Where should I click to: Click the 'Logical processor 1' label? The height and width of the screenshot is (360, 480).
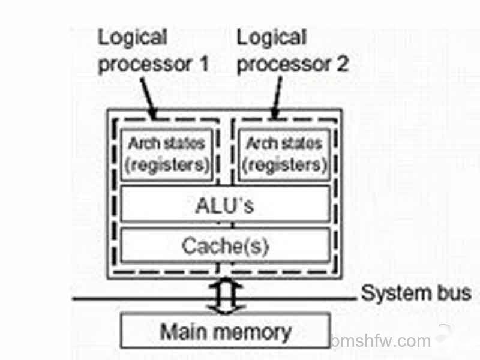(153, 51)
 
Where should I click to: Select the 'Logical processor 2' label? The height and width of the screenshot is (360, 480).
(293, 51)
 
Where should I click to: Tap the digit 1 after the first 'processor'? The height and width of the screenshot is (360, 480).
(203, 64)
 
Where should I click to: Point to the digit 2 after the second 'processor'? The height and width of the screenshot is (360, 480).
(343, 64)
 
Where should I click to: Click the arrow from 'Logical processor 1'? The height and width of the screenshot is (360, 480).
(149, 98)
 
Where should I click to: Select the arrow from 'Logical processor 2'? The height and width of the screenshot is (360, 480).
(277, 98)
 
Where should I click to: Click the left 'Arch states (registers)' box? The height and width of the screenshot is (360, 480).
(167, 155)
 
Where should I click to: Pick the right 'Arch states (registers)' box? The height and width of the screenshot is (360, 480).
(284, 155)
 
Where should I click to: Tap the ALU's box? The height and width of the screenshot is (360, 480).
(226, 203)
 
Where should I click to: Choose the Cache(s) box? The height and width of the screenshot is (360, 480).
(226, 245)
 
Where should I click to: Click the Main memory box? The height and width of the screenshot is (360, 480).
(226, 331)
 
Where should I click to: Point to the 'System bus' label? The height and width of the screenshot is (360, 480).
(416, 293)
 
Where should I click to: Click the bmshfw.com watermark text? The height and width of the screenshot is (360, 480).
(381, 341)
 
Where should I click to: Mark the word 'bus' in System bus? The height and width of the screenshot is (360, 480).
(454, 293)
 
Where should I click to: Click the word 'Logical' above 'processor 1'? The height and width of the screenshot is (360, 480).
(133, 37)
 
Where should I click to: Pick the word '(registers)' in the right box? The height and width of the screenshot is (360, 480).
(284, 166)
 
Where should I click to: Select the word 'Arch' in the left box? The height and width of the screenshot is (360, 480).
(142, 143)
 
